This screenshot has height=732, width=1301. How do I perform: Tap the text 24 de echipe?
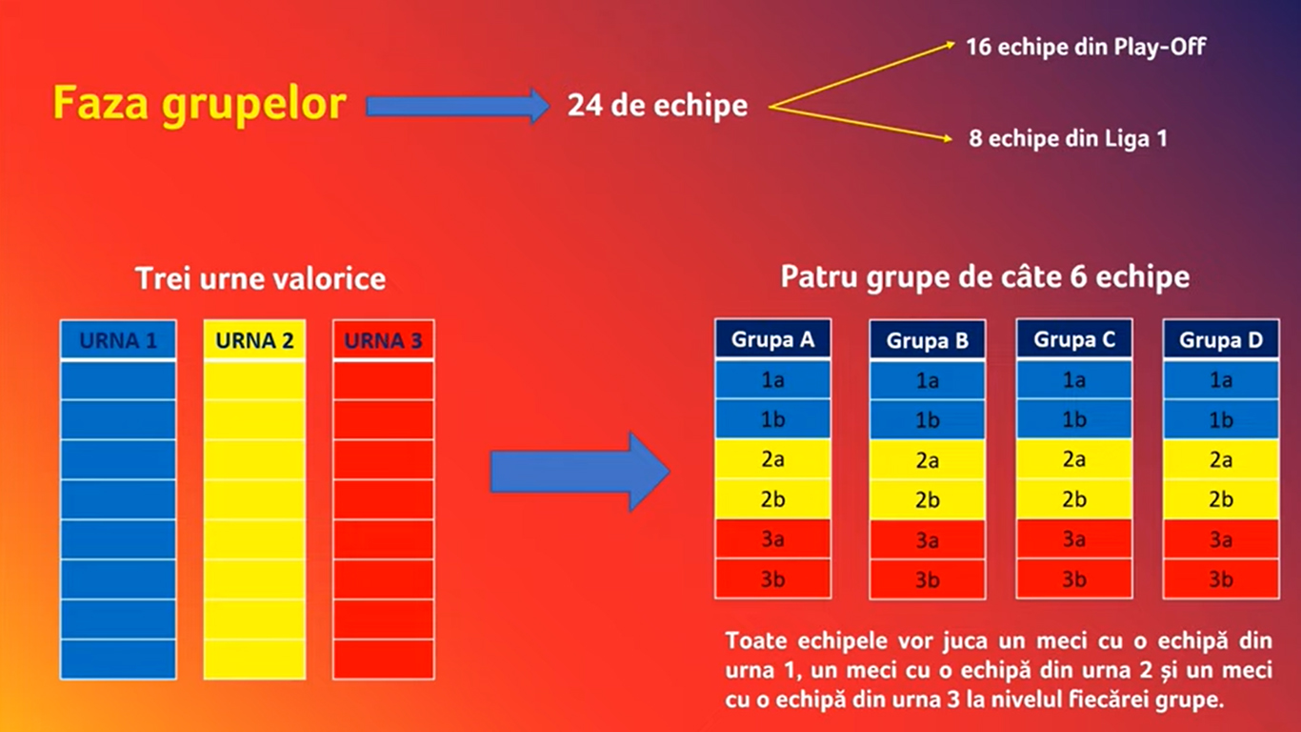[657, 106]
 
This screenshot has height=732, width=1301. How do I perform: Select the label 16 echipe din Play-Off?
[1086, 47]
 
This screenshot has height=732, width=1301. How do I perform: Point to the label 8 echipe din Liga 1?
[1068, 138]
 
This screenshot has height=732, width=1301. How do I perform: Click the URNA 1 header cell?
[118, 339]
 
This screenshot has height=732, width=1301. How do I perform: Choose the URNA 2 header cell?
[254, 339]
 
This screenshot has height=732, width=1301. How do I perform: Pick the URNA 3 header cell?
[383, 339]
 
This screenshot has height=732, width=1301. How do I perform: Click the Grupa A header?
[772, 338]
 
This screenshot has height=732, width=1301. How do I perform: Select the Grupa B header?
[927, 339]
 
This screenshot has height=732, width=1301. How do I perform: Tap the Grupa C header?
[1074, 338]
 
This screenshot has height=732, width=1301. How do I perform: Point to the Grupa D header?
[1221, 339]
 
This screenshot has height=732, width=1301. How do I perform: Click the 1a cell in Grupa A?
[772, 379]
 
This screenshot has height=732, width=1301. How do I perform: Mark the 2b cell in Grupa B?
[927, 500]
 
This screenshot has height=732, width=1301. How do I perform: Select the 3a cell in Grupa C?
[1074, 539]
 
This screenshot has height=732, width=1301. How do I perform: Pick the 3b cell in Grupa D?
[1221, 579]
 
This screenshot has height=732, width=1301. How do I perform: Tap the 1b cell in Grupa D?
[1221, 419]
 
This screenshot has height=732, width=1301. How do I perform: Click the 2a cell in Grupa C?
[1074, 459]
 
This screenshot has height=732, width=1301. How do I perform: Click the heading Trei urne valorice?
[260, 278]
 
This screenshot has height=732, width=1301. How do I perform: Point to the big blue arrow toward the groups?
[580, 472]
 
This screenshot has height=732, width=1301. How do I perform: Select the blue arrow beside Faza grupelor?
[458, 106]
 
